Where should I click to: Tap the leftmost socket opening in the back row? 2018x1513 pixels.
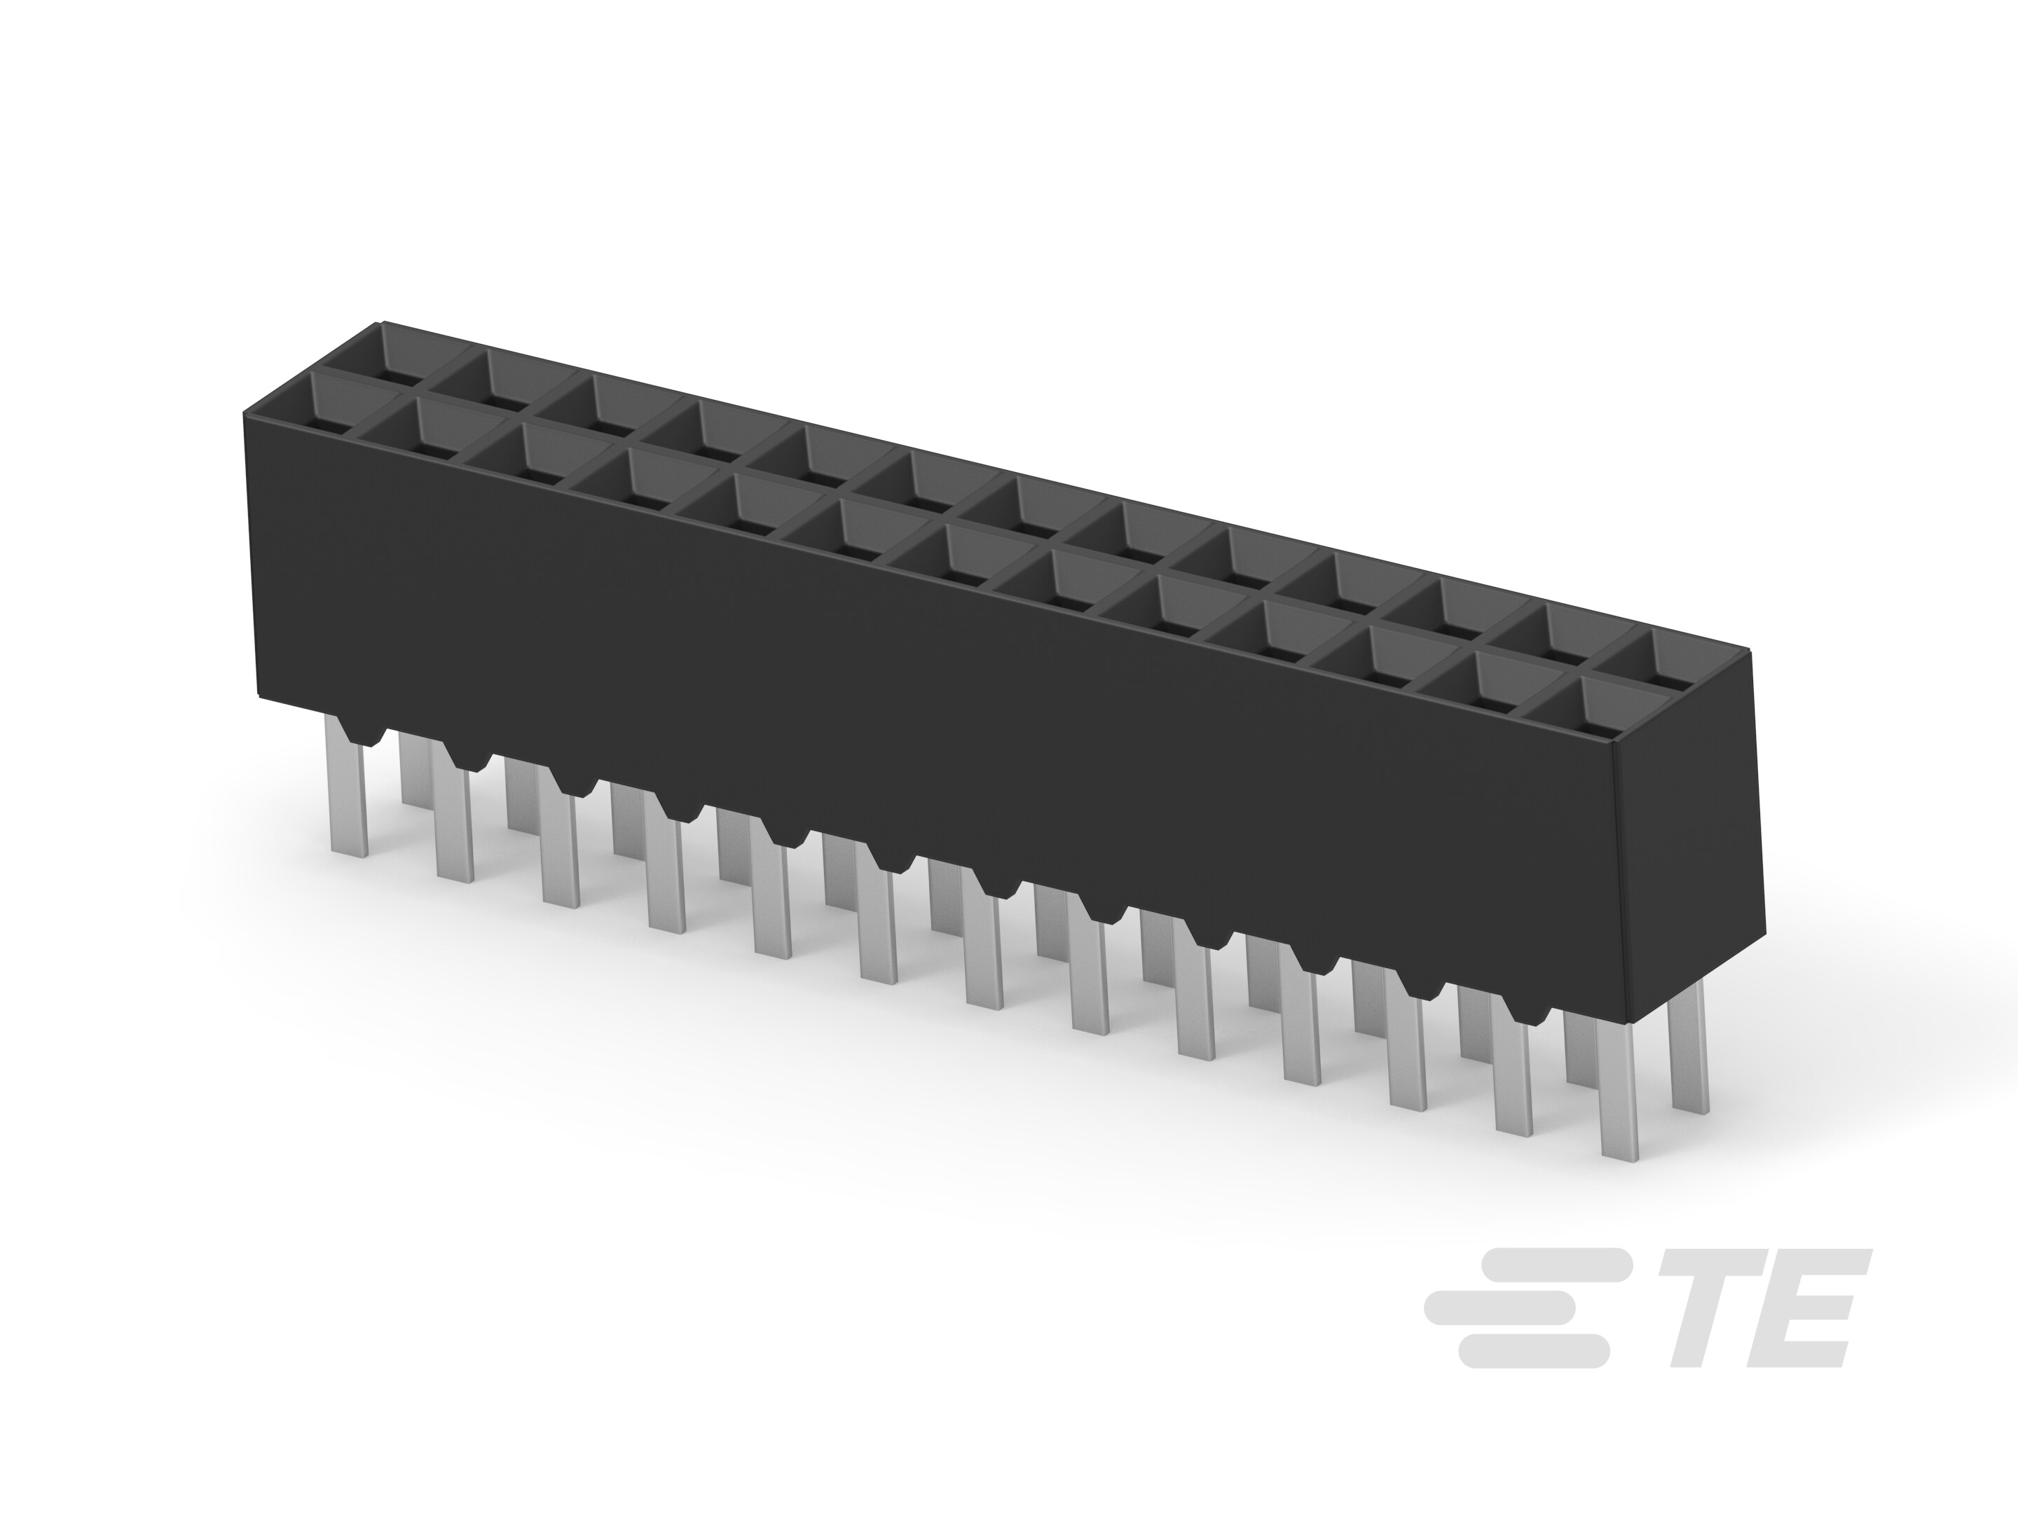click(x=409, y=354)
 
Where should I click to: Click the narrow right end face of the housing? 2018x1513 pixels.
click(x=1688, y=857)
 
